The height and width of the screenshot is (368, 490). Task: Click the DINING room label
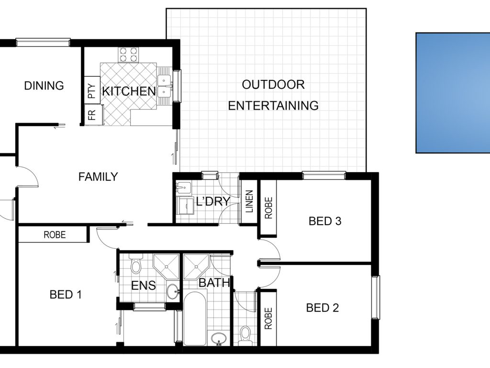pyautogui.click(x=44, y=85)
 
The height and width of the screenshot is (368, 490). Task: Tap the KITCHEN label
pyautogui.click(x=129, y=92)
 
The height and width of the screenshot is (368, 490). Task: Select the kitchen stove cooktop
pyautogui.click(x=128, y=55)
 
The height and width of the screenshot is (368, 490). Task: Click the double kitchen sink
pyautogui.click(x=165, y=86)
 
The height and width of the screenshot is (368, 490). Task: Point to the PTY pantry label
pyautogui.click(x=92, y=91)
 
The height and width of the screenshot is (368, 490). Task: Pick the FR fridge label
pyautogui.click(x=92, y=115)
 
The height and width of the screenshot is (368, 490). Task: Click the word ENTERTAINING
pyautogui.click(x=273, y=105)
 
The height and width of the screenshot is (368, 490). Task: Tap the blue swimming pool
pyautogui.click(x=453, y=93)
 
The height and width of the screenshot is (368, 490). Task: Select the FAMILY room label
pyautogui.click(x=98, y=177)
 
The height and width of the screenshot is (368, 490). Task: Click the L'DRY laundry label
pyautogui.click(x=213, y=201)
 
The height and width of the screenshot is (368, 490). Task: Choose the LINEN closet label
pyautogui.click(x=249, y=201)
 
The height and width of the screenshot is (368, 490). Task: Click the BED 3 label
pyautogui.click(x=325, y=221)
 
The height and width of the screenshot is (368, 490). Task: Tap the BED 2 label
pyautogui.click(x=322, y=308)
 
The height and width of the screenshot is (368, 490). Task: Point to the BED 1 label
pyautogui.click(x=66, y=295)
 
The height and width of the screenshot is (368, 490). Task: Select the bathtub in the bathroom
pyautogui.click(x=194, y=319)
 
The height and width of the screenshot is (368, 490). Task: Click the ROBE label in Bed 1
pyautogui.click(x=55, y=235)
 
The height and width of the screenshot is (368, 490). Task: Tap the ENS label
pyautogui.click(x=144, y=286)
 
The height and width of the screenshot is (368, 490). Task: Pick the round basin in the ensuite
pyautogui.click(x=172, y=292)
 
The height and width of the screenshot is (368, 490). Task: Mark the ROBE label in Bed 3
pyautogui.click(x=268, y=207)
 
